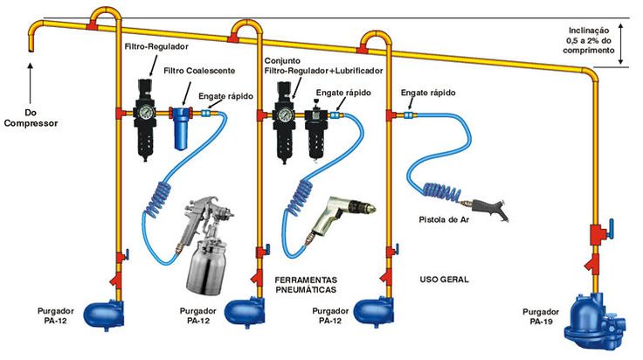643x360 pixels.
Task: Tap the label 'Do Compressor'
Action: tap(29, 118)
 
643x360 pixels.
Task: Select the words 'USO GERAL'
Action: tap(444, 280)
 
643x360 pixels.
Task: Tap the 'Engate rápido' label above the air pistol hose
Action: tap(425, 91)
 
